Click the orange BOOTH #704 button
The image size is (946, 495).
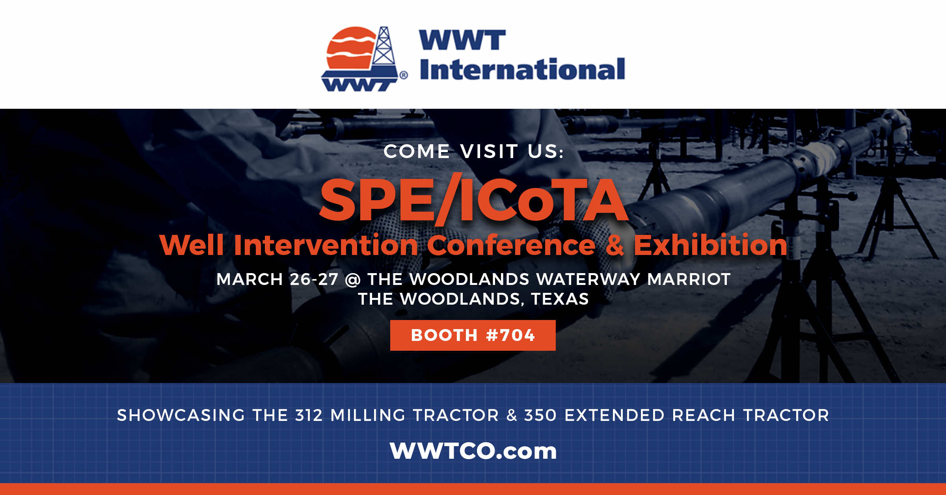coord(473,335)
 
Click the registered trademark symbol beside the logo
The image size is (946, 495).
coord(404,75)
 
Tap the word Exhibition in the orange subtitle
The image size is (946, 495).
coord(710,245)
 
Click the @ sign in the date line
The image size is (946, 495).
coord(353,280)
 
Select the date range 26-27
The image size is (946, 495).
coord(314,279)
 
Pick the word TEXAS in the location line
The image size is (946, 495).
coord(560,299)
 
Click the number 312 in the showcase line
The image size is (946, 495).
coord(309,415)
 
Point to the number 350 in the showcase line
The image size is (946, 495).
coord(540,415)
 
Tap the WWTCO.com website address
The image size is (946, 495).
coord(473,451)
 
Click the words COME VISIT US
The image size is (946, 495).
coord(473,151)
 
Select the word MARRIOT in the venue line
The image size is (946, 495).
coord(689,279)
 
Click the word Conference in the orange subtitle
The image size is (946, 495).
coord(511,245)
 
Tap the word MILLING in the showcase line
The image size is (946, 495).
coord(368,415)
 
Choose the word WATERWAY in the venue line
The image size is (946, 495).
coord(588,279)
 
